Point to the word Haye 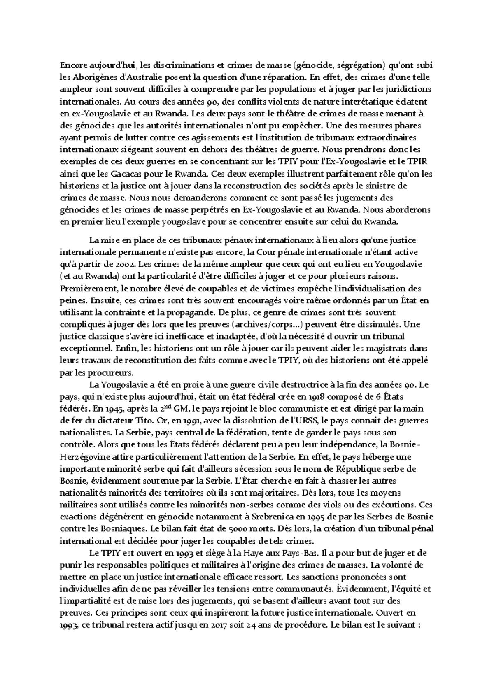pyautogui.click(x=259, y=553)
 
